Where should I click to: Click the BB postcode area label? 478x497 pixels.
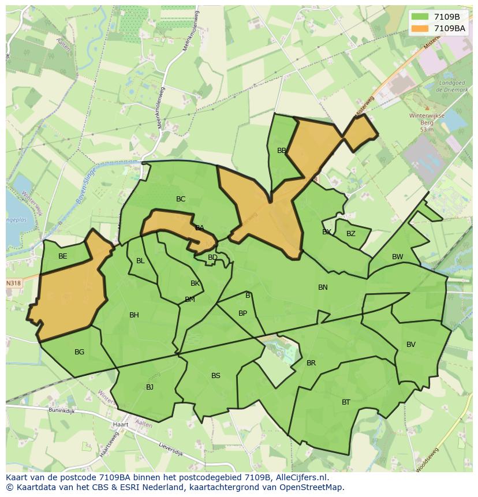[282, 151]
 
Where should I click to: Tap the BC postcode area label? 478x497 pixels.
[181, 199]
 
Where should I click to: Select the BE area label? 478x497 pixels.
[63, 256]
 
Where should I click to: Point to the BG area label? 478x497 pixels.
[79, 352]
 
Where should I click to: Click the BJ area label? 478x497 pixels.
[150, 387]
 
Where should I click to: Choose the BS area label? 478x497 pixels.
[215, 376]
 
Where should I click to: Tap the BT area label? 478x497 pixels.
[346, 402]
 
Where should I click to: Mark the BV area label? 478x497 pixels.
[411, 345]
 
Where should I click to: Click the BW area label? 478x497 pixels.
[398, 257]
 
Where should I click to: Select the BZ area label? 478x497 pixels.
[351, 234]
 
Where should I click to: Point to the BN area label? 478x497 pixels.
[323, 287]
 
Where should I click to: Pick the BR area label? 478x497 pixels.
[311, 363]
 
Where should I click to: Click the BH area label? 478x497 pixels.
[134, 315]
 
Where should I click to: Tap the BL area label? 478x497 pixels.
[140, 261]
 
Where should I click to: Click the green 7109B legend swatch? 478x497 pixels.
[420, 17]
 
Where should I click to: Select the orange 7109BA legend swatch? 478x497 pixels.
[420, 28]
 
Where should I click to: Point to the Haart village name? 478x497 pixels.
[121, 424]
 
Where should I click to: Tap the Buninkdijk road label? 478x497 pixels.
[62, 412]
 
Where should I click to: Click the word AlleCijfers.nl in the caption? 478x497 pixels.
[300, 477]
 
